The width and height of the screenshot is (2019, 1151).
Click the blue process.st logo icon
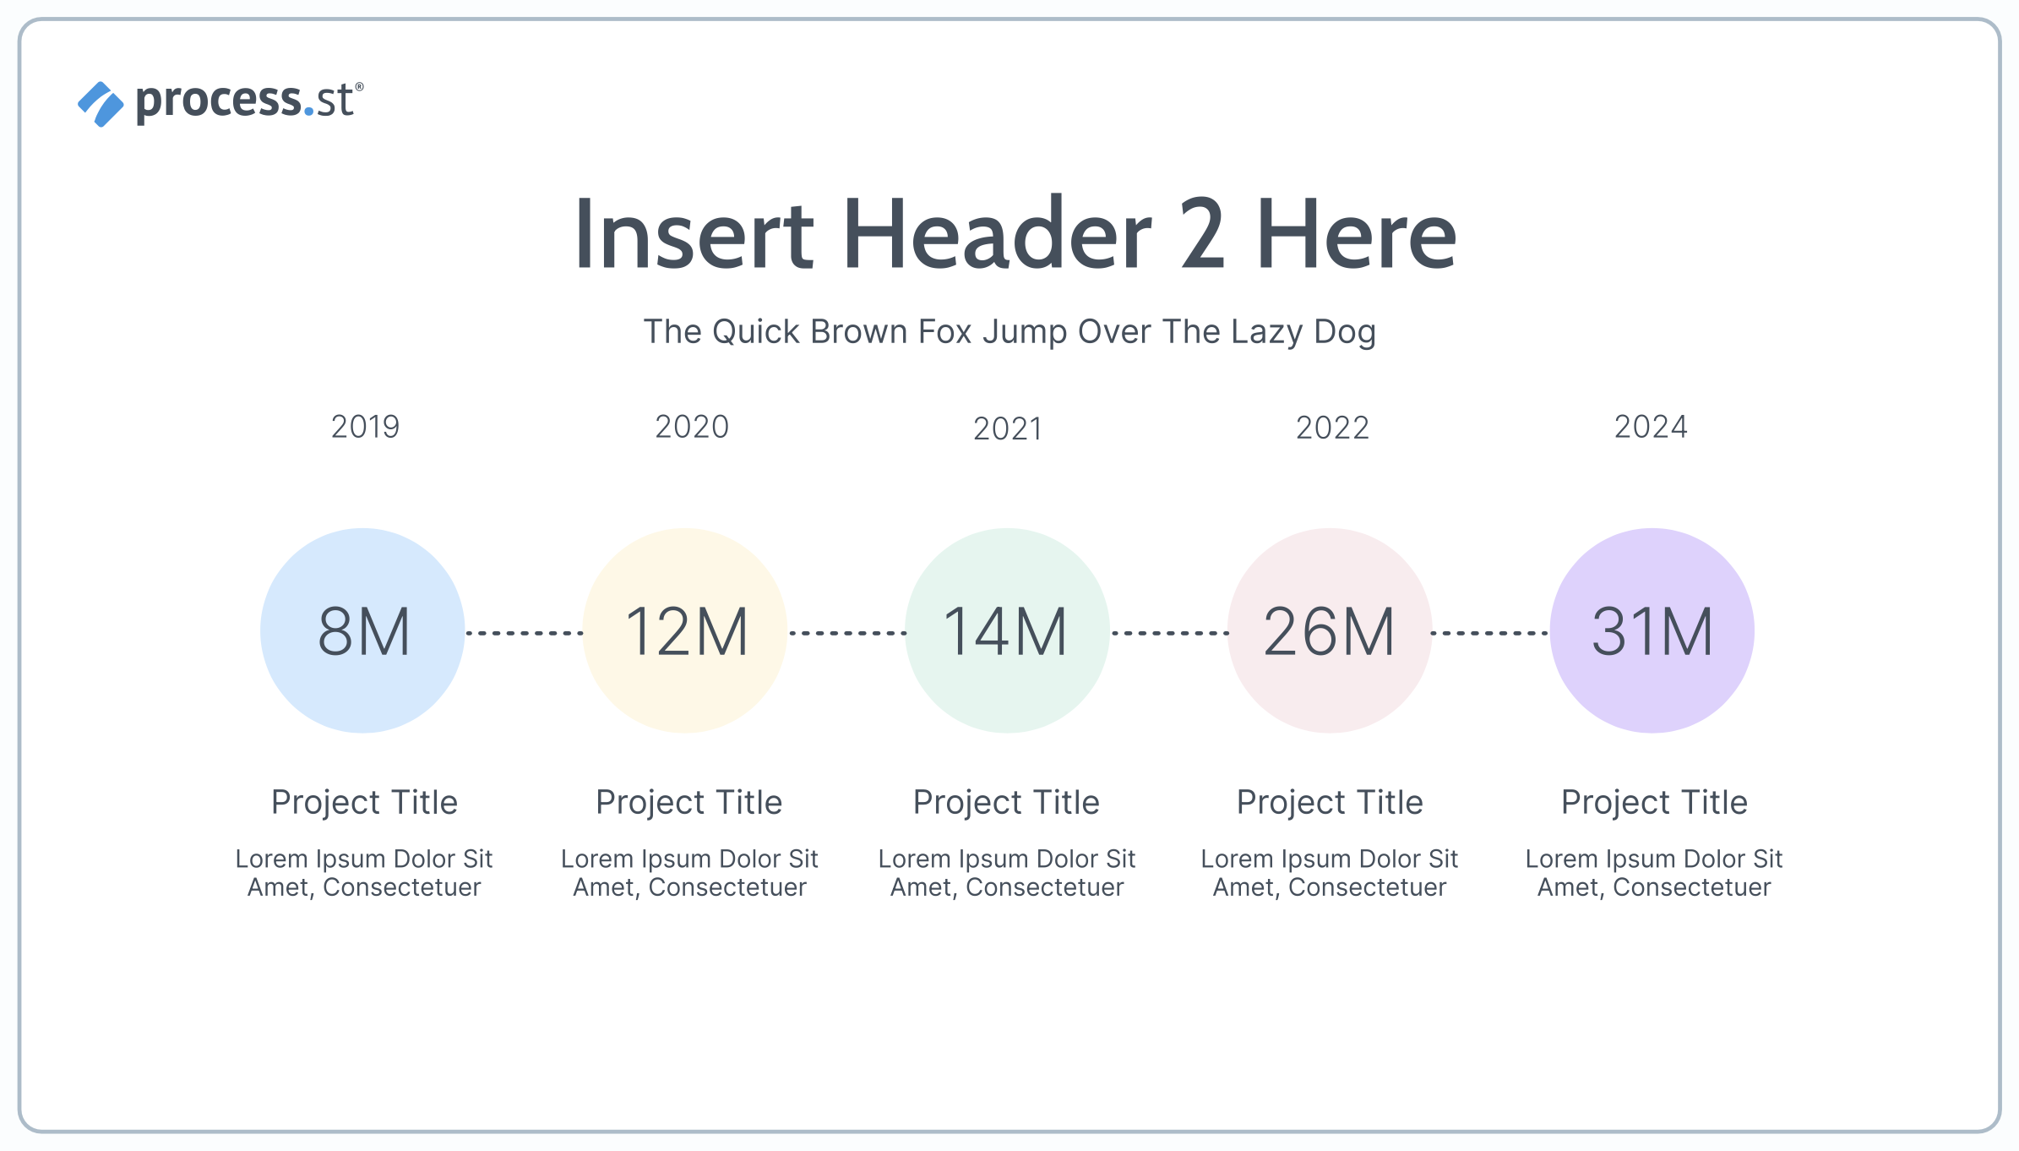click(x=101, y=104)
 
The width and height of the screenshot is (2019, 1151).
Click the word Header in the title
click(x=997, y=233)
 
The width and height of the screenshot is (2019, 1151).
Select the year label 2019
click(x=365, y=427)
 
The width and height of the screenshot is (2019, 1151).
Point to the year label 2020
click(x=692, y=427)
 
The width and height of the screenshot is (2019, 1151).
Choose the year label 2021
click(x=1008, y=428)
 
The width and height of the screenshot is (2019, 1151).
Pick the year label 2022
click(x=1332, y=428)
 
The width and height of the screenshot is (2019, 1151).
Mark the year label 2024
click(x=1651, y=427)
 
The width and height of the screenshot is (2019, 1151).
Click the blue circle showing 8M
click(x=362, y=630)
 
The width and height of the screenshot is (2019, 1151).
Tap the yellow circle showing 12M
click(x=685, y=630)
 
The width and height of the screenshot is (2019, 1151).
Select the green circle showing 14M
click(x=1007, y=630)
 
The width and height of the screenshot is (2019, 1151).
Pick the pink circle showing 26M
click(x=1330, y=630)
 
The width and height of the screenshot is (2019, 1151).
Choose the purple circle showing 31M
click(x=1652, y=630)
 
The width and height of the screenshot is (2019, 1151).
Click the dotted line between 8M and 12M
click(x=525, y=632)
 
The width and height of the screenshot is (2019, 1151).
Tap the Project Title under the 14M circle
click(x=1006, y=802)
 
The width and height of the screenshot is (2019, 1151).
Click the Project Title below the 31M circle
click(x=1654, y=802)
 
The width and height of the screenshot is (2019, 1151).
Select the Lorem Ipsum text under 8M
click(x=364, y=873)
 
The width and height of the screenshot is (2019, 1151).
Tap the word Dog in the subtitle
click(x=1345, y=332)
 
